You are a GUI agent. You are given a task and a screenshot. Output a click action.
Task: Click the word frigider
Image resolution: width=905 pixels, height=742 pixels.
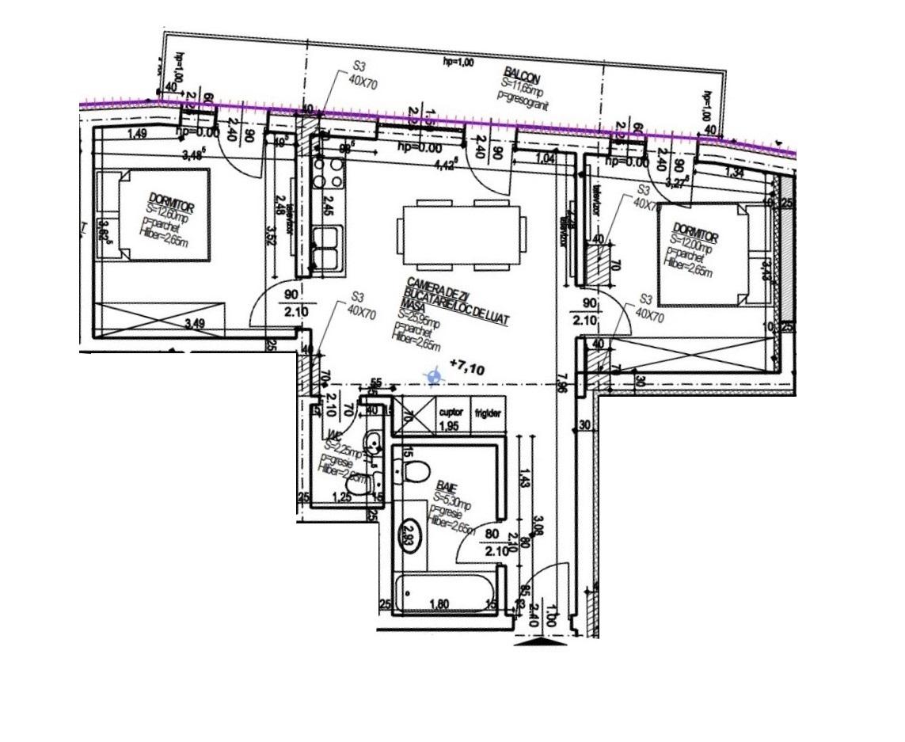coord(488,413)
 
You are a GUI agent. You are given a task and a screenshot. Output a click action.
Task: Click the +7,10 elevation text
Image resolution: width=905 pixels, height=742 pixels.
coord(466,367)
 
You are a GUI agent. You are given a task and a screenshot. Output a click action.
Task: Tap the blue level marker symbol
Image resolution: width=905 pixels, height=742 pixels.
coord(433,377)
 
